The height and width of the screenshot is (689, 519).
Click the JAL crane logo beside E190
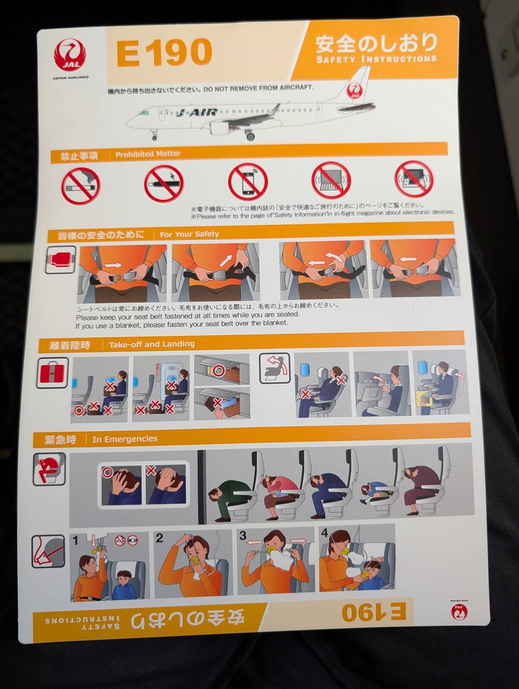[x=70, y=55]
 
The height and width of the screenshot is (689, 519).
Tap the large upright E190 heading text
[x=164, y=53]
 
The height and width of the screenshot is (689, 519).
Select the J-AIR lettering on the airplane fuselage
[x=196, y=112]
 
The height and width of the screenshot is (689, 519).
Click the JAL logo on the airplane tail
[x=355, y=91]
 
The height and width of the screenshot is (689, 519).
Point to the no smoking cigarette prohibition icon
[x=81, y=186]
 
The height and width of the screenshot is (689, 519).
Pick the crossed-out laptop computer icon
[x=331, y=180]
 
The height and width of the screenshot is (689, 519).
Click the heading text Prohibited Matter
[x=148, y=154]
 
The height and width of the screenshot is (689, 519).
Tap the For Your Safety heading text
[x=190, y=234]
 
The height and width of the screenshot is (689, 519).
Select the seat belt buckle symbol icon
[x=61, y=260]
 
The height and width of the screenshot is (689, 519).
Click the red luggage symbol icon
[x=53, y=373]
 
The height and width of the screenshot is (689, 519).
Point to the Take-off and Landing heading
[x=152, y=344]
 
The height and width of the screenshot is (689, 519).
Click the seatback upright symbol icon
[x=274, y=368]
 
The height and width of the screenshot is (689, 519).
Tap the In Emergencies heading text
[x=124, y=439]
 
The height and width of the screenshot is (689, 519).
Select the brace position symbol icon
[x=49, y=469]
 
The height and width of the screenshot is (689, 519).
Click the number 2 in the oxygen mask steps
[x=159, y=538]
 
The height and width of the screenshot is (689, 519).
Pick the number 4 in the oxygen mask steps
[x=324, y=533]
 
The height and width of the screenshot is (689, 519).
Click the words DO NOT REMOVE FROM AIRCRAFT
[x=258, y=89]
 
